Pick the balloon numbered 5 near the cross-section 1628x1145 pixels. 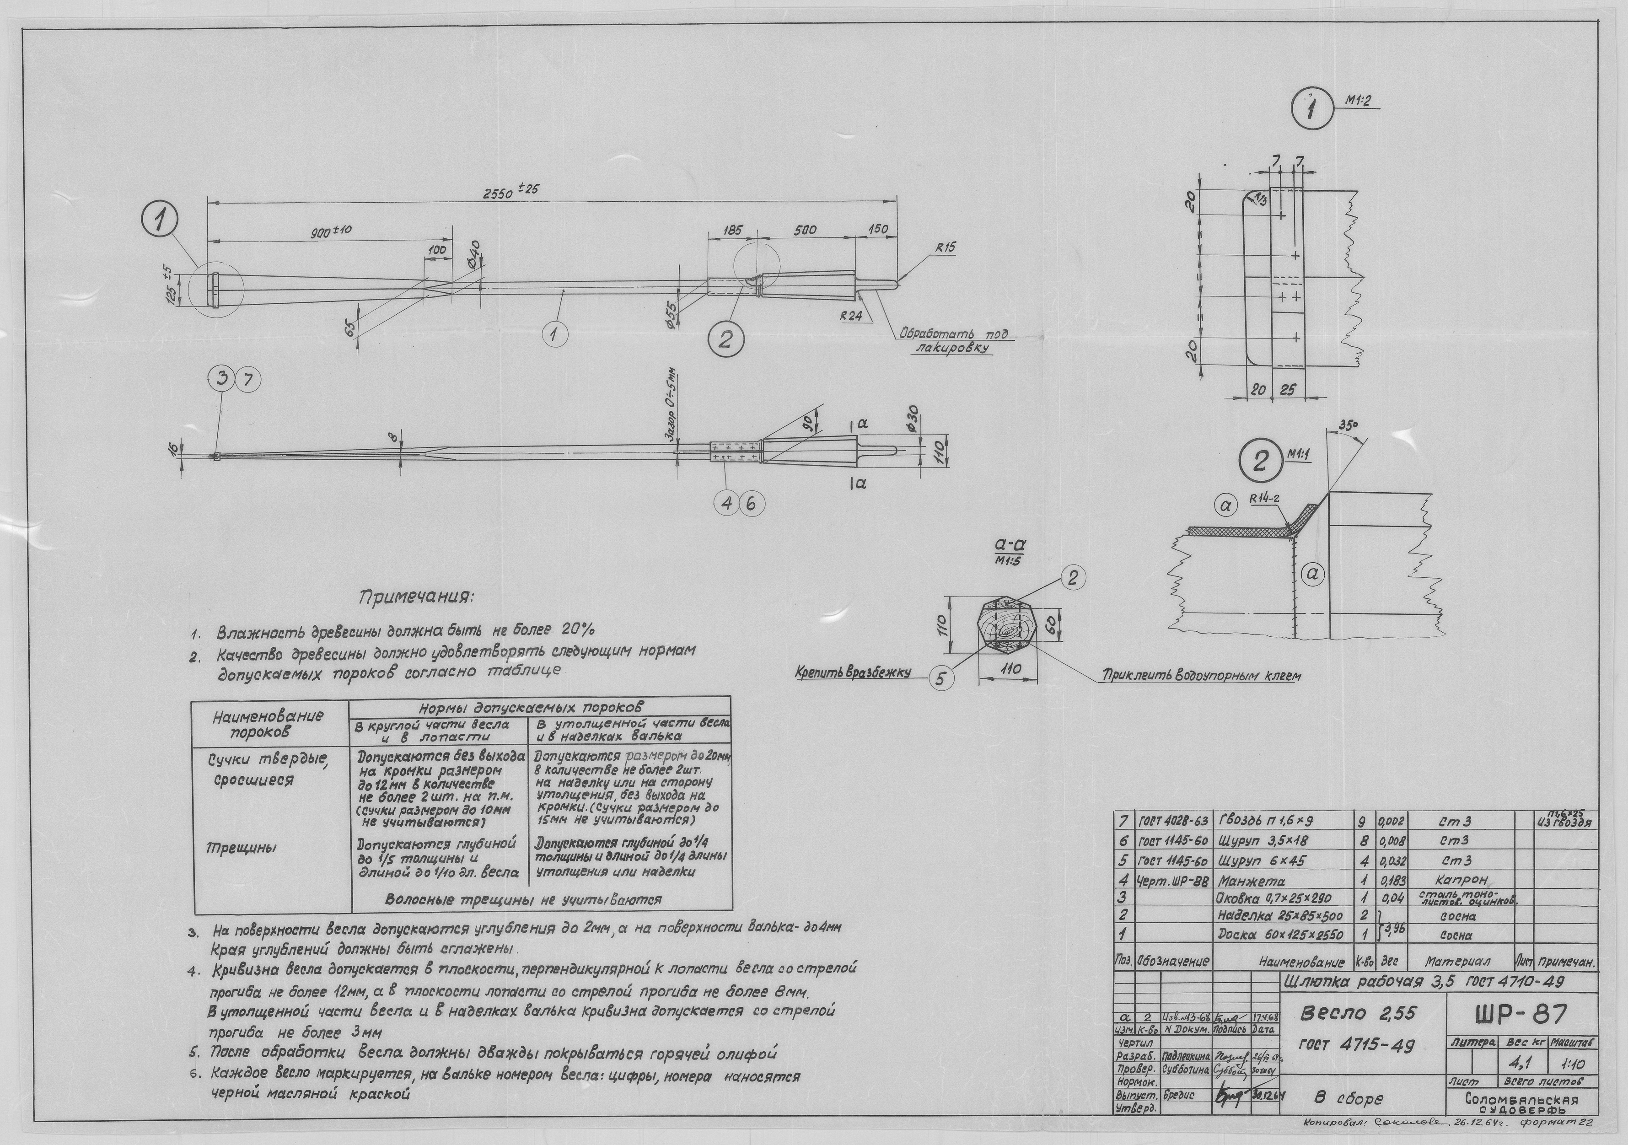tap(940, 678)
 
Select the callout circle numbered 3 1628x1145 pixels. tap(223, 381)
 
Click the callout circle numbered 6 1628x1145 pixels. tap(752, 504)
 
